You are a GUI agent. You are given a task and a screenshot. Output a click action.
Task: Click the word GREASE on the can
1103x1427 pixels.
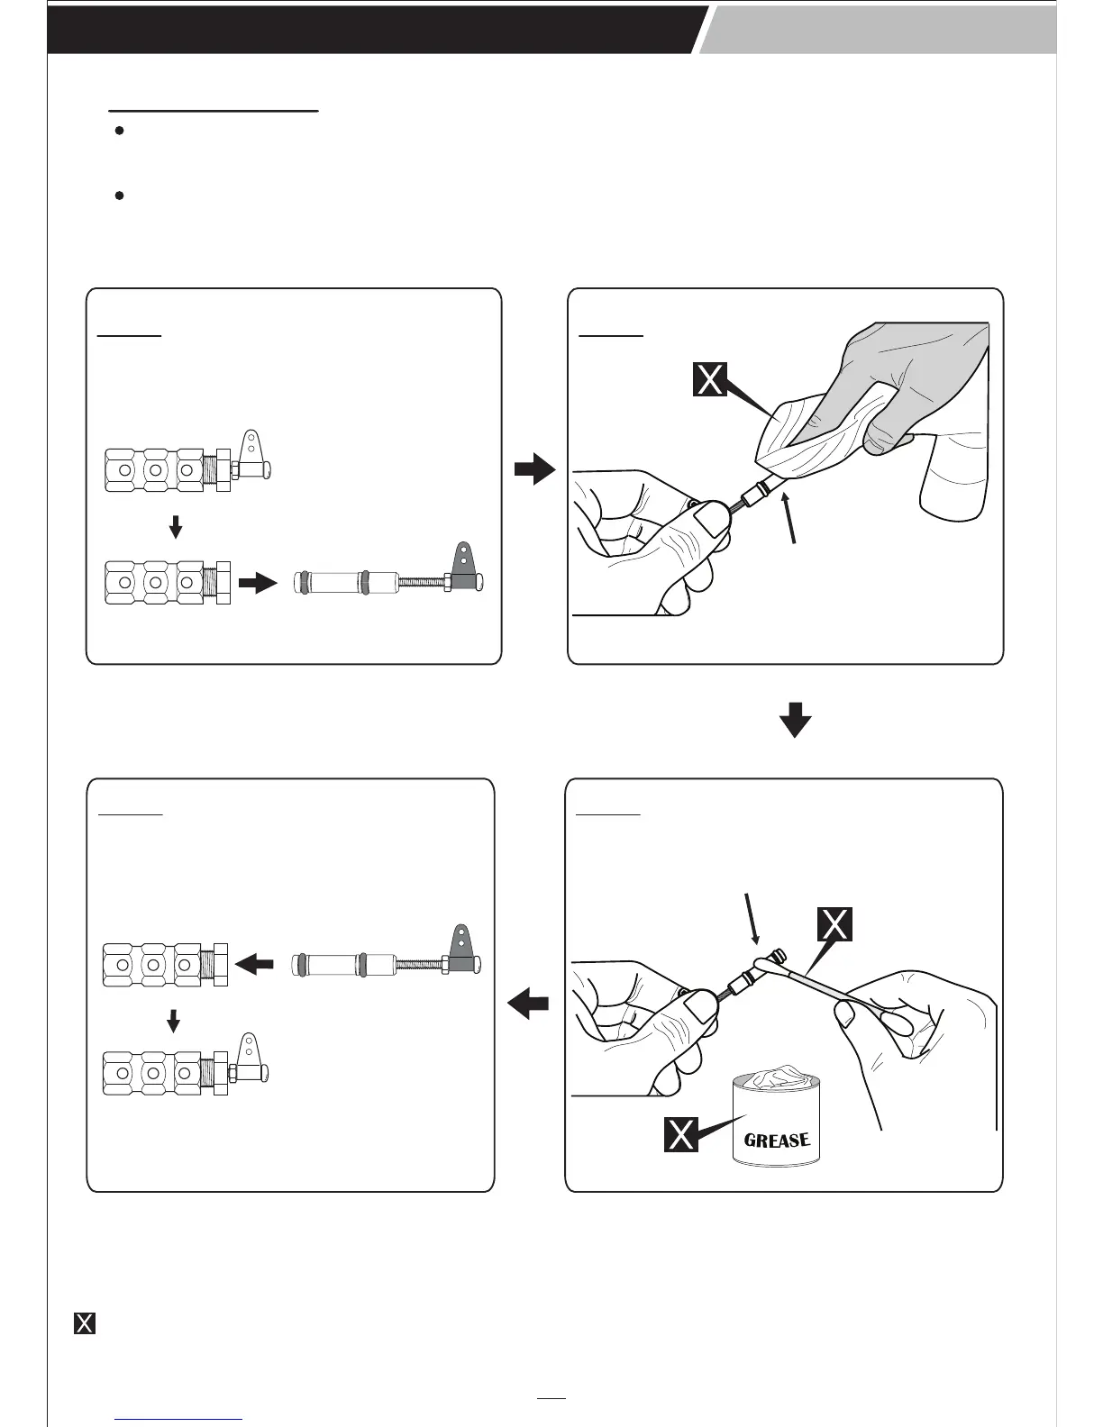(777, 1141)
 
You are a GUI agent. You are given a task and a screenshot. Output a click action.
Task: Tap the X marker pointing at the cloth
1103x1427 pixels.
(710, 379)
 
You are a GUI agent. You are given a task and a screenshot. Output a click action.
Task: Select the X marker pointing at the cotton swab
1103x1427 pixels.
(835, 924)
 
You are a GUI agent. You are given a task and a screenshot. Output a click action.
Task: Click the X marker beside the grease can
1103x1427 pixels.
(680, 1134)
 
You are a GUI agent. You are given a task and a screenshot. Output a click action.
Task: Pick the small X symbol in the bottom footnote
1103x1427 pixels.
(84, 1323)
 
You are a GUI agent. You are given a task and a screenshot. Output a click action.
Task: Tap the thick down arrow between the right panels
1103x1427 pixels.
(795, 721)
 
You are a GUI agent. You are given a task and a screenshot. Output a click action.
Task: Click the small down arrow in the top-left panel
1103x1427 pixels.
(177, 526)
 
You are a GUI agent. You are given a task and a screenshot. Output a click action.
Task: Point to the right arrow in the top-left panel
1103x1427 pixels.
(259, 584)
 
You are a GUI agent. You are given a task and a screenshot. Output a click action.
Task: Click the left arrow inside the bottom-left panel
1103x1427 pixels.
(254, 966)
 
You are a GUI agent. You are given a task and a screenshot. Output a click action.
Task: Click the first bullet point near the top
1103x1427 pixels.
(119, 132)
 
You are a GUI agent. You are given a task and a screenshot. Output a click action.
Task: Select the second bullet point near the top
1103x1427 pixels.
(119, 195)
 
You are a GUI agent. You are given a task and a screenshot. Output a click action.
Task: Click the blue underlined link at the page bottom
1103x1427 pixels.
(179, 1419)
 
